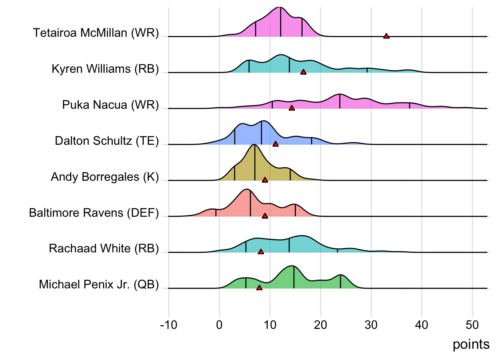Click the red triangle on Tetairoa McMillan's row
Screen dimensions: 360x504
coord(386,36)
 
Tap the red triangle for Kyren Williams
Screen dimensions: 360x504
coord(303,72)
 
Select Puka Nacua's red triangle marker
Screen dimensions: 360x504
coord(292,108)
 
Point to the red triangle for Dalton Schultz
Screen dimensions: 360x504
coord(276,144)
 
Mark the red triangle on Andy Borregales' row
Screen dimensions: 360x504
coord(265,180)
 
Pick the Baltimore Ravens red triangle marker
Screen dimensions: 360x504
coord(265,216)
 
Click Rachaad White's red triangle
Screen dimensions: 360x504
coord(261,252)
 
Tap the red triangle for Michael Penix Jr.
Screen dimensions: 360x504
coord(259,288)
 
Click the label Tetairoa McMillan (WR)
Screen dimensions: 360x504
coord(96,33)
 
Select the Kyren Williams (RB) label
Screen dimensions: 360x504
coord(105,69)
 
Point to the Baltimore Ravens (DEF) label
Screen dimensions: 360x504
coord(94,213)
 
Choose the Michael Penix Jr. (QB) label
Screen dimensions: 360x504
coord(99,285)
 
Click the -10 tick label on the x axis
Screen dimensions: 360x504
coord(168,325)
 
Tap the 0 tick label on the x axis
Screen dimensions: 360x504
coord(219,325)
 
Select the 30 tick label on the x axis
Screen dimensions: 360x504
coord(371,325)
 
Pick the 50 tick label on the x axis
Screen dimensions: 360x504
coord(472,325)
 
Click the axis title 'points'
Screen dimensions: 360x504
coord(471,344)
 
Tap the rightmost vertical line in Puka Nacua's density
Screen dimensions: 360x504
coord(409,105)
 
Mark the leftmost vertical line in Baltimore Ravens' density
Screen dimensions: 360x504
coord(216,213)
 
